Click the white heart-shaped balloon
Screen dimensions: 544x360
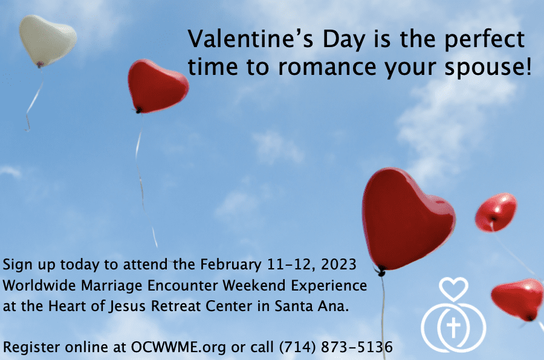point(48,40)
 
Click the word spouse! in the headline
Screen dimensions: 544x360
point(488,66)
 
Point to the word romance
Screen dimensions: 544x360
point(327,67)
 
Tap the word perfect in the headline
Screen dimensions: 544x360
point(484,39)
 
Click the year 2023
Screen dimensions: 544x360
point(338,265)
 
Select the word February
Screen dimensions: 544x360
point(231,265)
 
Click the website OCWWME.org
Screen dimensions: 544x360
point(178,347)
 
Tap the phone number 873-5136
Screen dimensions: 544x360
point(357,347)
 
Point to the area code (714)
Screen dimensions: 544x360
point(297,347)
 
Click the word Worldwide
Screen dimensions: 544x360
point(39,286)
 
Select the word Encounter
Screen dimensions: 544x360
point(183,286)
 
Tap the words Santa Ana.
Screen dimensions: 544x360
point(311,306)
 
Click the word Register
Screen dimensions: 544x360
point(31,347)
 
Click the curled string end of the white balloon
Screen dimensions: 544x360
point(27,123)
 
